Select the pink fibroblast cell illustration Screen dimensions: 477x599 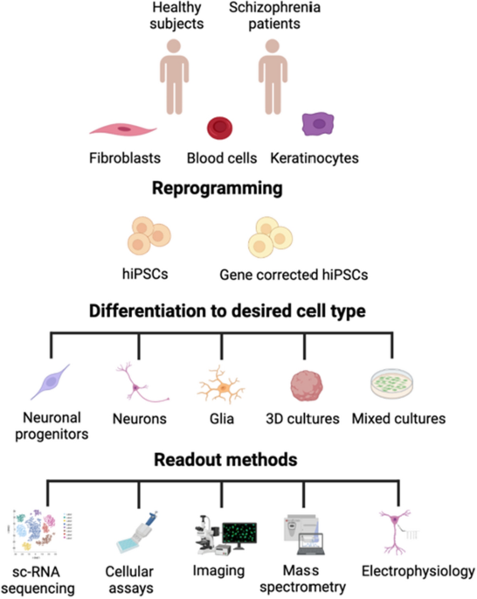tap(123, 130)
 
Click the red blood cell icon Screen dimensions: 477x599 tap(220, 128)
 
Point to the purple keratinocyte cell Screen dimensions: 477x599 tap(318, 124)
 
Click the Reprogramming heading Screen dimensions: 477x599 tap(218, 188)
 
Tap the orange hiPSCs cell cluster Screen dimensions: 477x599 tap(149, 235)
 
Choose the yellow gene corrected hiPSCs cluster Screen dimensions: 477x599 tap(270, 237)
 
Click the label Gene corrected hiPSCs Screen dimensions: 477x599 tap(294, 275)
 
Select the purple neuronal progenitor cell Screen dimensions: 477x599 tap(51, 381)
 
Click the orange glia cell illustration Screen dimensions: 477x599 tap(221, 385)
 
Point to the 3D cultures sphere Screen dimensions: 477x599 tap(307, 386)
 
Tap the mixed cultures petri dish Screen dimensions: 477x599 tap(392, 384)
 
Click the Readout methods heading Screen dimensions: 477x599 tap(225, 460)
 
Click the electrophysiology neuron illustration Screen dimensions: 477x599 tap(397, 531)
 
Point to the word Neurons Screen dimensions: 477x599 tap(140, 419)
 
